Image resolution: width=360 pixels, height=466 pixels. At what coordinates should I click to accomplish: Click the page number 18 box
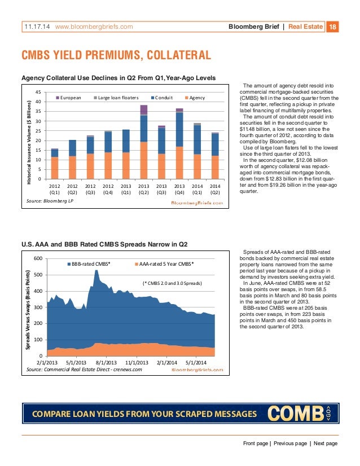[332, 26]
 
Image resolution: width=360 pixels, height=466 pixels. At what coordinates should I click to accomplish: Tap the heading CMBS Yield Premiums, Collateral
[116, 55]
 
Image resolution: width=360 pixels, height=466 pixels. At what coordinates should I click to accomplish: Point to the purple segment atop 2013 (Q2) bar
[143, 109]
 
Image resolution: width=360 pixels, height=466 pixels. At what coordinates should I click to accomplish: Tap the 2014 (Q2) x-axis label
[215, 188]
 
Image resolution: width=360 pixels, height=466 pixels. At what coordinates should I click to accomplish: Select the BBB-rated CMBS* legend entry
[89, 263]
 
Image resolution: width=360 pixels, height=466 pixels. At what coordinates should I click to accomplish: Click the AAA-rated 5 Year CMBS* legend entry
[165, 263]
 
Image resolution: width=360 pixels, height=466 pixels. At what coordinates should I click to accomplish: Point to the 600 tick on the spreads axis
[37, 259]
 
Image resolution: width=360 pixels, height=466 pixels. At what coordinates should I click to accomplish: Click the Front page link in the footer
[256, 443]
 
